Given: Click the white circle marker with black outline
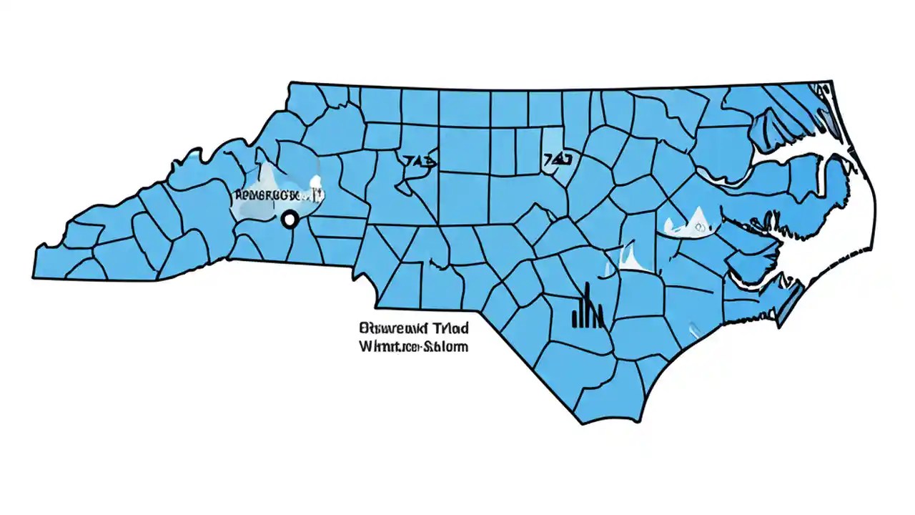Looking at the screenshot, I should coord(290,220).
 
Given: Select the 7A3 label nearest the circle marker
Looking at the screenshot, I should coord(420,160).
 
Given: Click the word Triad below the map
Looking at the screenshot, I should coord(450,329).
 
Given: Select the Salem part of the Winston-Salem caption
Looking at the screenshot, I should coord(447,347).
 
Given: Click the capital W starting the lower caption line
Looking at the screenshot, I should coord(364,347).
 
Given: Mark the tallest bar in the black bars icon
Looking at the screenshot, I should coord(587,304).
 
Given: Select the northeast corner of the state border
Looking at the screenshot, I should coord(831,81).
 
